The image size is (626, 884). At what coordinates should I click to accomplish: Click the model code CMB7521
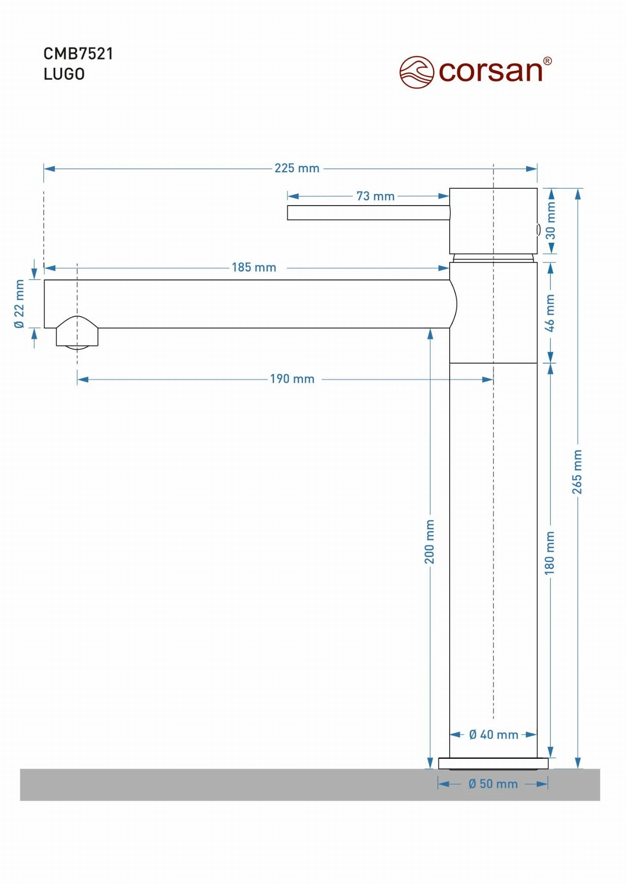click(78, 54)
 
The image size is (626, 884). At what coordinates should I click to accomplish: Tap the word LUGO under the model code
click(64, 74)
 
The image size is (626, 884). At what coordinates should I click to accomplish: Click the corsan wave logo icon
click(416, 72)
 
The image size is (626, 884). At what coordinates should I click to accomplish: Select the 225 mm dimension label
click(297, 168)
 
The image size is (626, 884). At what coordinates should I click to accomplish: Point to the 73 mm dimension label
click(375, 196)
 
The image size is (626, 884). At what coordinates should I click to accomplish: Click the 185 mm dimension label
click(254, 267)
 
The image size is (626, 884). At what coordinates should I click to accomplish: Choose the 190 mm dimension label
click(292, 379)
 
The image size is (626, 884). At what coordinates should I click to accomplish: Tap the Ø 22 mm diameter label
click(19, 304)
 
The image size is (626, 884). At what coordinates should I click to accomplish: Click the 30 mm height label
click(550, 221)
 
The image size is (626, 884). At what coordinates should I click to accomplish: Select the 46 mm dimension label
click(549, 313)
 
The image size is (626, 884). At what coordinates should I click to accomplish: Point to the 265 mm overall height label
click(577, 472)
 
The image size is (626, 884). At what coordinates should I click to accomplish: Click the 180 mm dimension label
click(549, 553)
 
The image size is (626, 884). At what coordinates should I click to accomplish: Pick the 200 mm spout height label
click(429, 542)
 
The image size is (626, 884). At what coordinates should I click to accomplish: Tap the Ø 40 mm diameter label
click(493, 735)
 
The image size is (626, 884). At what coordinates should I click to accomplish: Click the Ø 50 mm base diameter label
click(493, 784)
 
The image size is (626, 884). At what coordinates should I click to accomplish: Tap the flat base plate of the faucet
click(493, 764)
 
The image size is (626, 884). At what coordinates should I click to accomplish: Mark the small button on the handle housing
click(538, 229)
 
